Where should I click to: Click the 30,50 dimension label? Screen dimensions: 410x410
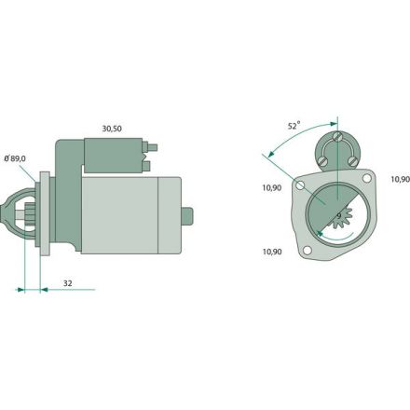[x=112, y=129]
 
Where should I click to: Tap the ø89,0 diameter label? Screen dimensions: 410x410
[x=15, y=158]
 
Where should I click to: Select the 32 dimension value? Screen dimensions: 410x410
[x=68, y=283]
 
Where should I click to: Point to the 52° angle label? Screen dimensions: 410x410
[x=294, y=126]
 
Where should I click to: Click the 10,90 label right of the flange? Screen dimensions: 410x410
[x=401, y=179]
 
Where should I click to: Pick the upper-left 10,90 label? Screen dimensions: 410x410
[x=272, y=187]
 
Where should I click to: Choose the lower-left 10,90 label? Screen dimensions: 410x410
[x=272, y=252]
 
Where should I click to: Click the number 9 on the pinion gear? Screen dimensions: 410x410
[x=339, y=216]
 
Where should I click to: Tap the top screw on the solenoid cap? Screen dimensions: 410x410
[x=337, y=136]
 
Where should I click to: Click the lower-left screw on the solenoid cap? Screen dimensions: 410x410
[x=322, y=161]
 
